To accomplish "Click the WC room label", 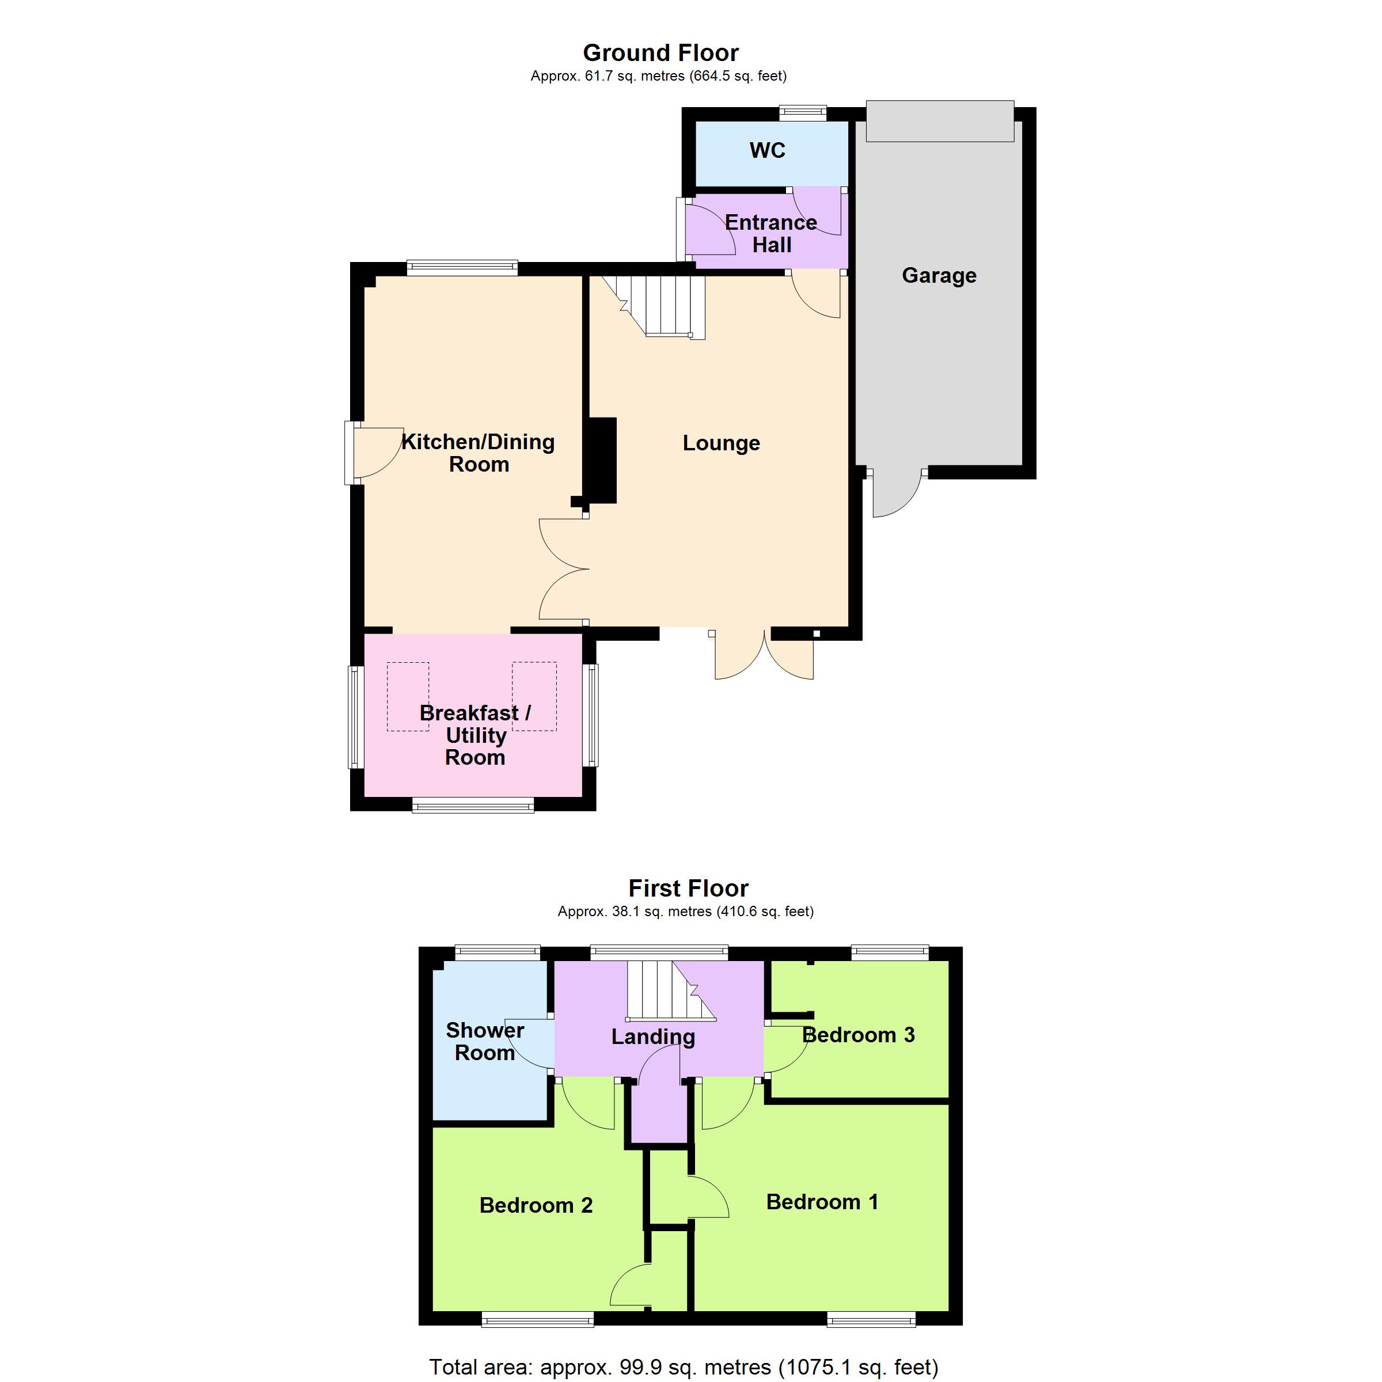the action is pyautogui.click(x=767, y=150).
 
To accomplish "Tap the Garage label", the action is pyautogui.click(x=939, y=275).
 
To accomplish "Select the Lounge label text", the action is pyautogui.click(x=721, y=443).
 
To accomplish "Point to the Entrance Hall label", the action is pyautogui.click(x=771, y=233).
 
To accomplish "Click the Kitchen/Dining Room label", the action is pyautogui.click(x=479, y=453).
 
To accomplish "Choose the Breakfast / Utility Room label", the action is pyautogui.click(x=476, y=735).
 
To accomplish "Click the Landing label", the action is pyautogui.click(x=653, y=1037).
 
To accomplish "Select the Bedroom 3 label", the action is pyautogui.click(x=859, y=1035).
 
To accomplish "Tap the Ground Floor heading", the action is pyautogui.click(x=660, y=52).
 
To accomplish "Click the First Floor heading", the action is pyautogui.click(x=688, y=888).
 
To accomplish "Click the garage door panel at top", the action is pyautogui.click(x=940, y=122).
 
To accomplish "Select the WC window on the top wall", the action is pyautogui.click(x=803, y=112).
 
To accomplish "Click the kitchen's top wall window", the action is pyautogui.click(x=462, y=268).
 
